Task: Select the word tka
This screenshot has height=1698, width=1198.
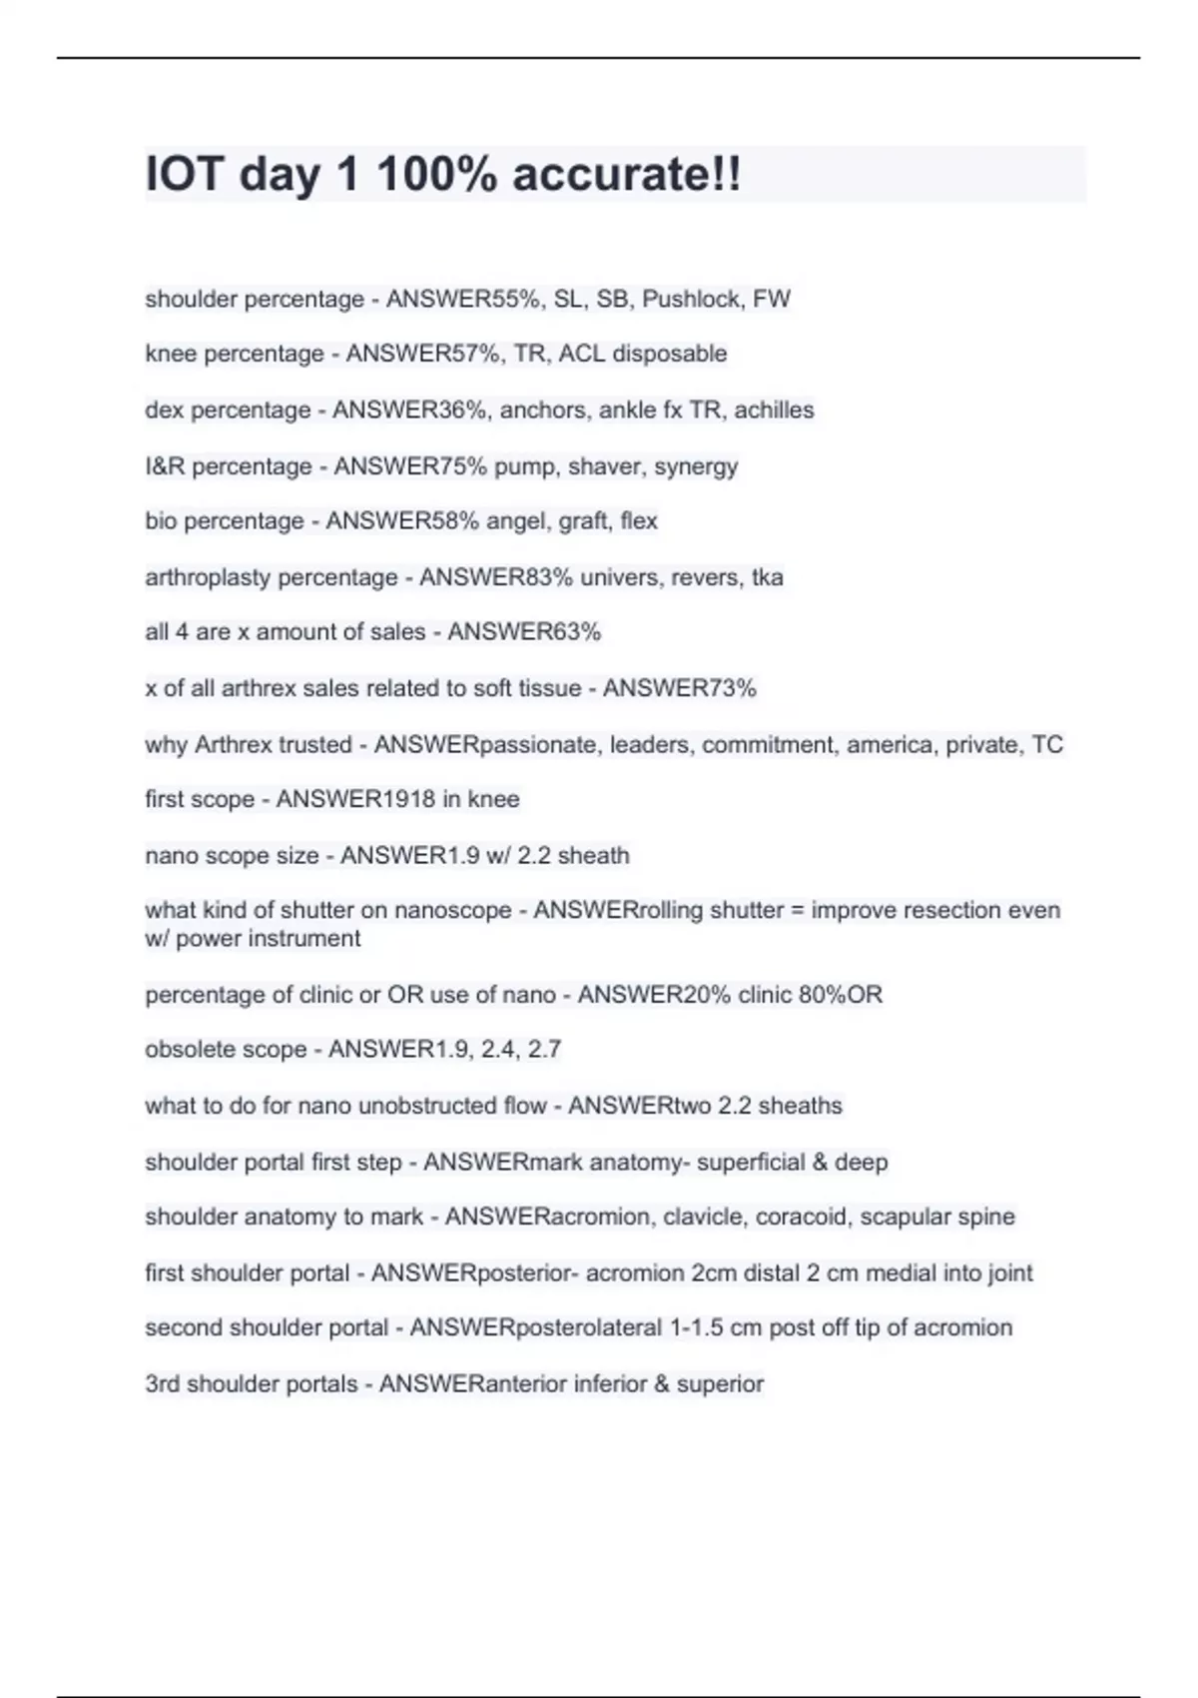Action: click(x=768, y=577)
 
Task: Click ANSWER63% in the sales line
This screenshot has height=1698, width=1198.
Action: click(x=524, y=632)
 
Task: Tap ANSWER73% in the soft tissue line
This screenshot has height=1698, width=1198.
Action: click(x=680, y=688)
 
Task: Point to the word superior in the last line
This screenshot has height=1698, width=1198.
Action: click(x=720, y=1384)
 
